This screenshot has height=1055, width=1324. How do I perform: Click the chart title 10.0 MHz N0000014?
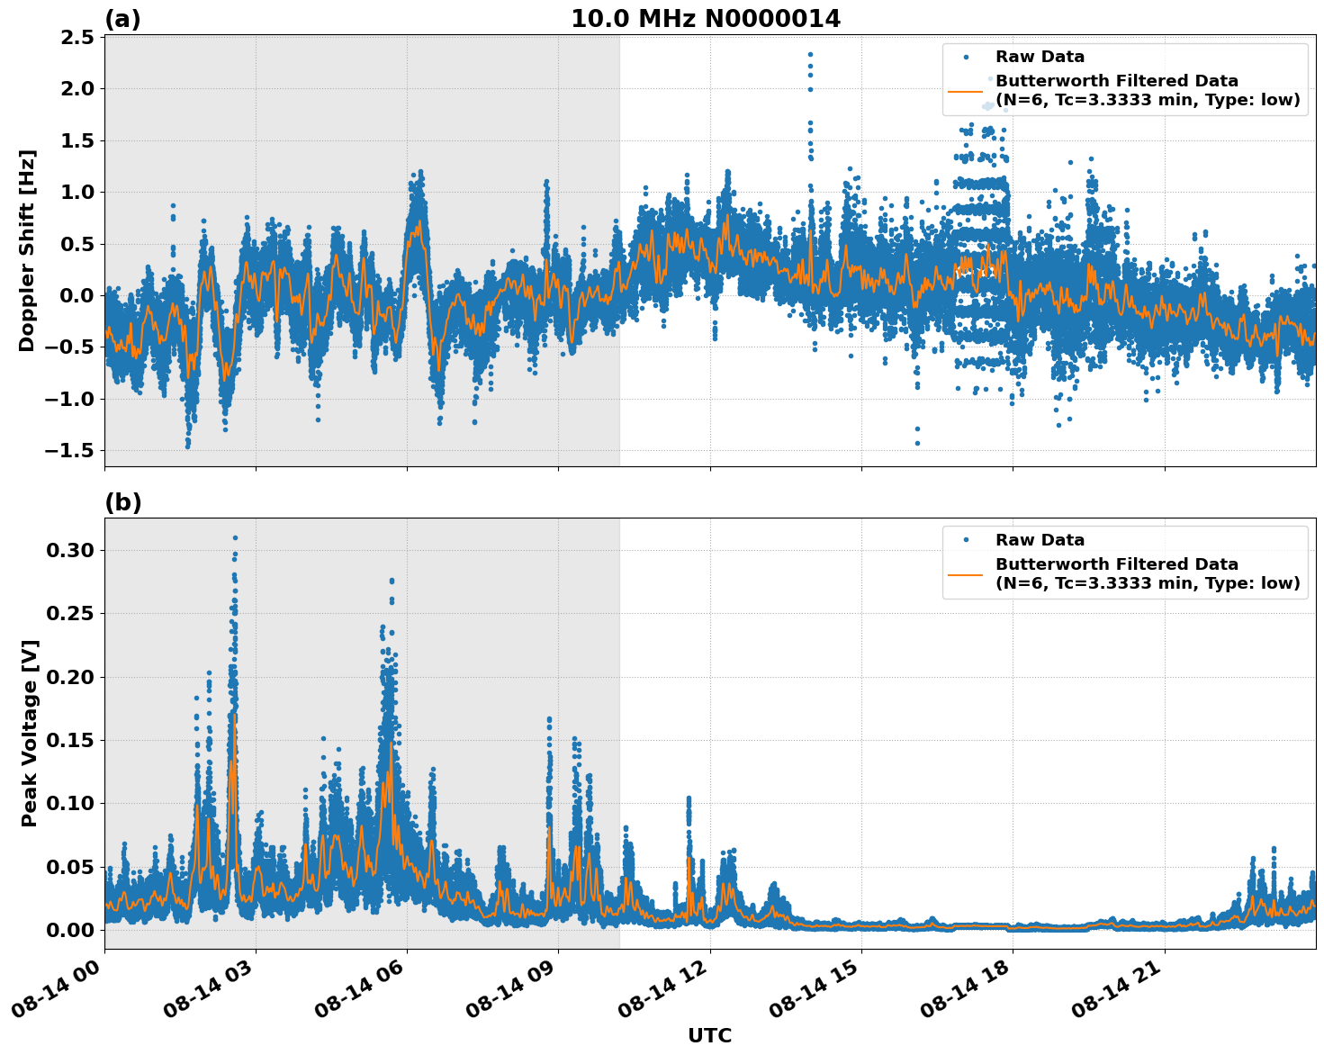706,19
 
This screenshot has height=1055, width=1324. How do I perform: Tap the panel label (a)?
122,19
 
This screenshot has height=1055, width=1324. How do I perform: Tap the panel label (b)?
122,502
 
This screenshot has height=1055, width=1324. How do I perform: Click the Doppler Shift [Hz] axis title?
27,250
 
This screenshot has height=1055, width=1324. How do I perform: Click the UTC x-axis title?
709,1035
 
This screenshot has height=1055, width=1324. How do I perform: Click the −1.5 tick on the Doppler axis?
71,451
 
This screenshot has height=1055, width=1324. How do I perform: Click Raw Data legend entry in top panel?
1040,57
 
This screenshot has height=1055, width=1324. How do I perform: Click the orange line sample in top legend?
965,91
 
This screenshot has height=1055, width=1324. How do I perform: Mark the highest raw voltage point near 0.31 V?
235,537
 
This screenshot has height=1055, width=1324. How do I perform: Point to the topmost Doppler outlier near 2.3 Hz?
810,55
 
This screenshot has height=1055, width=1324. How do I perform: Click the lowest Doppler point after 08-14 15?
917,443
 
